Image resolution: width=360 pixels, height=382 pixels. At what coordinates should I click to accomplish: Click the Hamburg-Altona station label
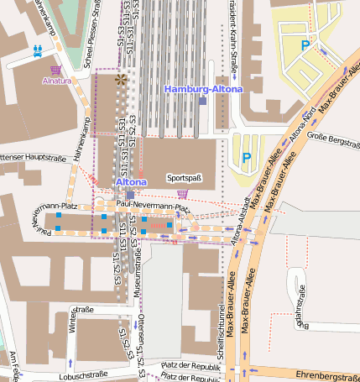coord(204,89)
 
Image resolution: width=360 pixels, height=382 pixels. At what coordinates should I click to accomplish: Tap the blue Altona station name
coord(130,181)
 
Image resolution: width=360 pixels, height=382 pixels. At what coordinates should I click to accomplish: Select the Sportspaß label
coord(185,178)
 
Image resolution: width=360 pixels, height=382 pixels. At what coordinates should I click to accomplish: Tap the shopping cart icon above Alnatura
coord(56,70)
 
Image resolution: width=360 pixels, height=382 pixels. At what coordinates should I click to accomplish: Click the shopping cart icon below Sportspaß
coord(182,193)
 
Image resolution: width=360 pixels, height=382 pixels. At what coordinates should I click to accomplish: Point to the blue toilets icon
coord(38,50)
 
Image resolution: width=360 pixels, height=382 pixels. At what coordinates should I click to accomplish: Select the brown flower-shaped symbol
coord(122,80)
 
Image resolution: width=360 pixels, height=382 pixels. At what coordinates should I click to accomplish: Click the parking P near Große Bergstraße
coord(246,157)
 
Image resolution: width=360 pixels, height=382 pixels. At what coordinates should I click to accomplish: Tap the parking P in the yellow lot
coord(305,46)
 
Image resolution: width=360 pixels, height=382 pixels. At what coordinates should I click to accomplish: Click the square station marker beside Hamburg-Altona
coord(202,101)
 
